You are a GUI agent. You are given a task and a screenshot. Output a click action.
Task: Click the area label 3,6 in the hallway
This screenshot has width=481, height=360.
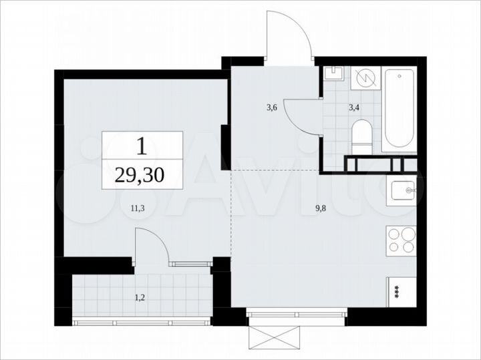click(271, 107)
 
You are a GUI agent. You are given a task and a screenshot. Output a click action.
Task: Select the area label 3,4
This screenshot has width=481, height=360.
click(354, 107)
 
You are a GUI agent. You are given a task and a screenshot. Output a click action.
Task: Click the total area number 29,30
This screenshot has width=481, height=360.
click(142, 175)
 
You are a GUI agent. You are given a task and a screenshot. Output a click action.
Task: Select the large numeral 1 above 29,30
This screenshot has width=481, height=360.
click(142, 145)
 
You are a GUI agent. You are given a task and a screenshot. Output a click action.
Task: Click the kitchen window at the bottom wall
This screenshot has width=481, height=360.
click(295, 312)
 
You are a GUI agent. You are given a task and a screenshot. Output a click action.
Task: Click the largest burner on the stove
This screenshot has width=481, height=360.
click(393, 235)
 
